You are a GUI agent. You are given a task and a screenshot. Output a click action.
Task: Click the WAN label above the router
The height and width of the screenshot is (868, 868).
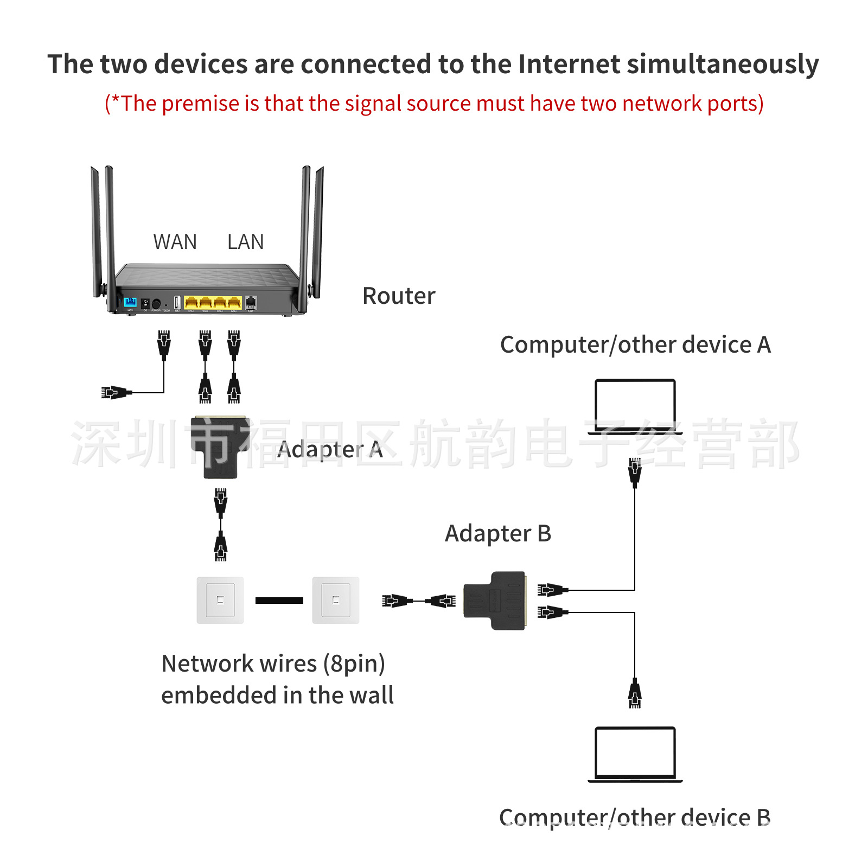175,242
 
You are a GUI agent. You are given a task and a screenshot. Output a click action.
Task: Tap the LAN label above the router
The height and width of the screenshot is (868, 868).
246,242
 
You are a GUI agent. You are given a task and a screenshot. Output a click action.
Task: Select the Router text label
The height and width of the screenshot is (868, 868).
399,296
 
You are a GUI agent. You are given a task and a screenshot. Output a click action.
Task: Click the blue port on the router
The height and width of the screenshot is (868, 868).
130,302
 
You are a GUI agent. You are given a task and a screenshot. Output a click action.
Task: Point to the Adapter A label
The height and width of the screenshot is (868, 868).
330,450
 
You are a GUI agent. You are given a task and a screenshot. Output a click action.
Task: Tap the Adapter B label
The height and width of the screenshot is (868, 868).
498,534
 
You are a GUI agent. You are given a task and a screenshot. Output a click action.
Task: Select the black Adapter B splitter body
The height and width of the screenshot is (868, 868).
495,601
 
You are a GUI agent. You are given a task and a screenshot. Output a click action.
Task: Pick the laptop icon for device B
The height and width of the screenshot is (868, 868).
635,755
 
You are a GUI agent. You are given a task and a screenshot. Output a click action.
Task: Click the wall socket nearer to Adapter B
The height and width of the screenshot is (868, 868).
336,600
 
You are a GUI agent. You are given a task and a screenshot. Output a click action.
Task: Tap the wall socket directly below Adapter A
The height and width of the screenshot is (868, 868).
220,600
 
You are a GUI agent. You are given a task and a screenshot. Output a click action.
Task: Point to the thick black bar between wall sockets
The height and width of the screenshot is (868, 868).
279,601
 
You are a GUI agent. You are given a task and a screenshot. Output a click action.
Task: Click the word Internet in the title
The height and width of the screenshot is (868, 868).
569,64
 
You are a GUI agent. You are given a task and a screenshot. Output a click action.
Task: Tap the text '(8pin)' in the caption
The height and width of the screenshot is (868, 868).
354,664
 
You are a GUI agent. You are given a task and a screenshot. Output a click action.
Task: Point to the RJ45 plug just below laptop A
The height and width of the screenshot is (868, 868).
635,471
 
